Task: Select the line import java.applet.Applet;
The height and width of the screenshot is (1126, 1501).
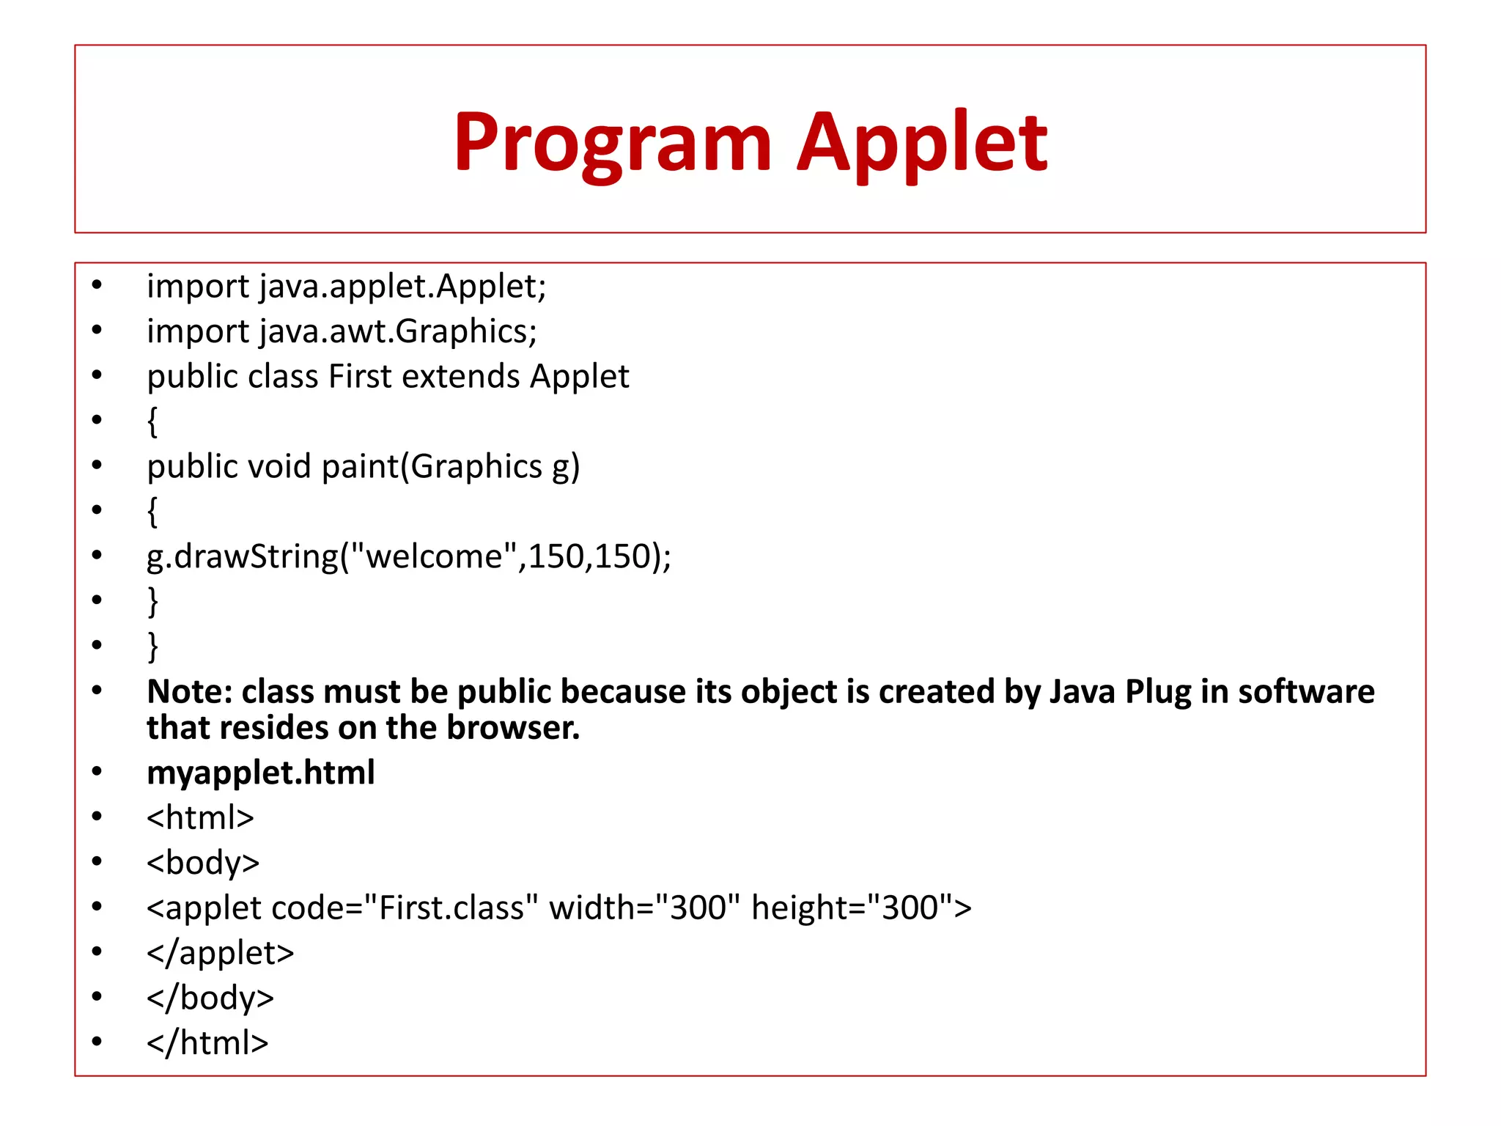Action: [346, 286]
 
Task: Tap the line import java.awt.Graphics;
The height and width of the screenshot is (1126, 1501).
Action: [342, 331]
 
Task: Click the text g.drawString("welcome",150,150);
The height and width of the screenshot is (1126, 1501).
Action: [408, 556]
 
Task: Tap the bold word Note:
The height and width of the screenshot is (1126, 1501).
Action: [189, 691]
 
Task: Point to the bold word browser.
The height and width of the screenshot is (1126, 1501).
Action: [513, 728]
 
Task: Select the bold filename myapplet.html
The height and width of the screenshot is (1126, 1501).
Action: [261, 773]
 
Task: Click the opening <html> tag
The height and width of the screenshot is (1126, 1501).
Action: [200, 817]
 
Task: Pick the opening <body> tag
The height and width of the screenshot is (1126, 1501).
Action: [203, 863]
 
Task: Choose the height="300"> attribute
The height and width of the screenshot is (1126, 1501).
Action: [861, 908]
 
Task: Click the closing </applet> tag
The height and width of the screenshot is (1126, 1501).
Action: [220, 953]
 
